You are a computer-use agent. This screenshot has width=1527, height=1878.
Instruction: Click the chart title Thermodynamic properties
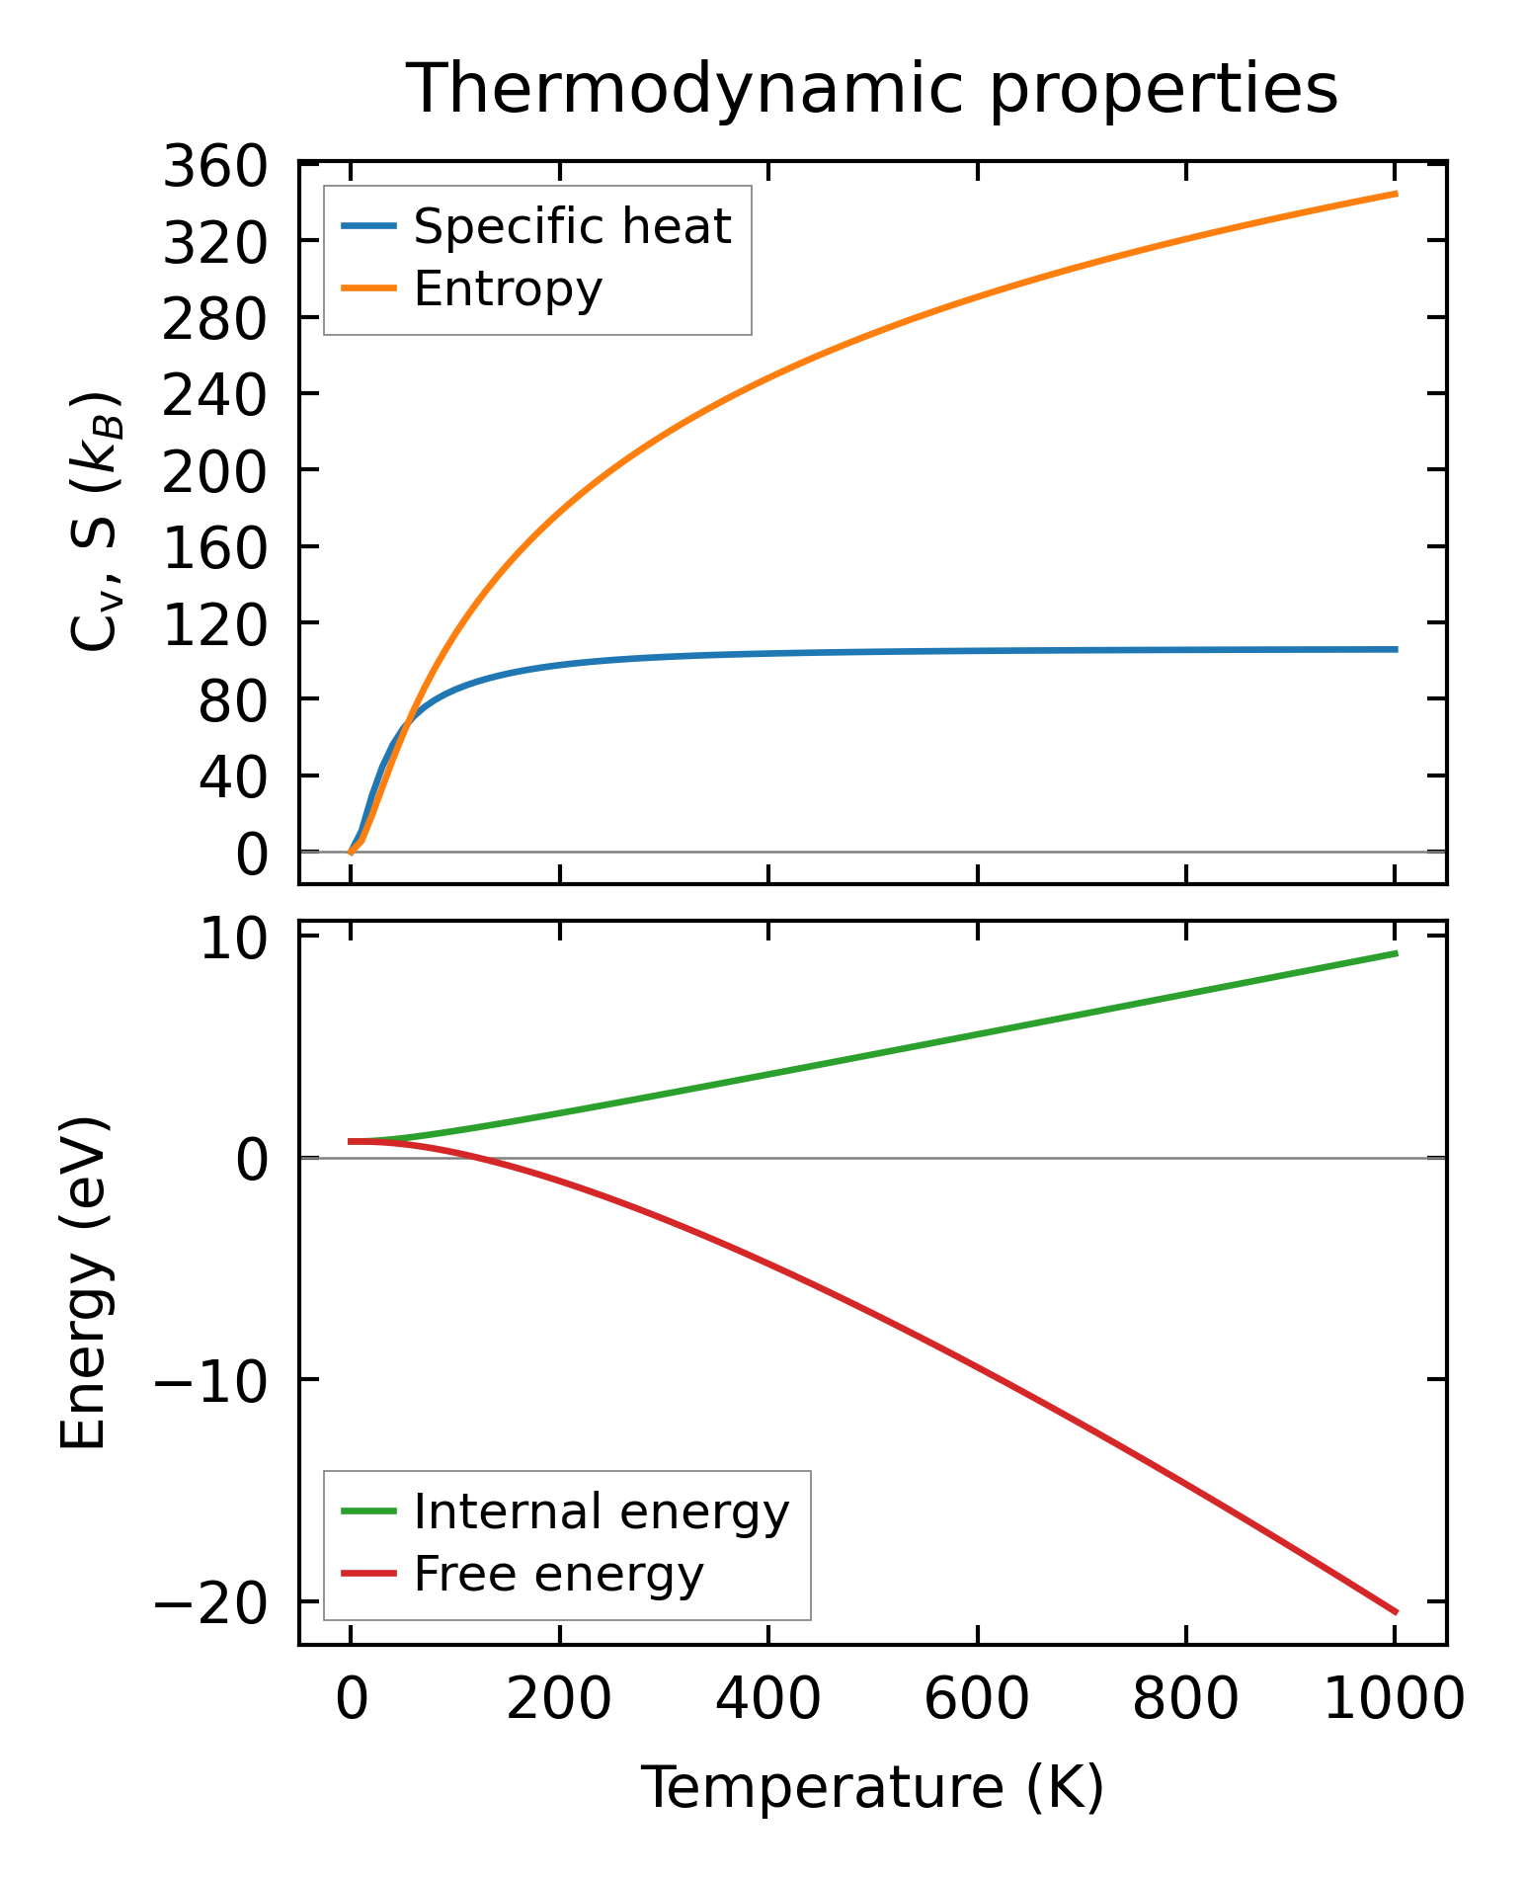pos(872,90)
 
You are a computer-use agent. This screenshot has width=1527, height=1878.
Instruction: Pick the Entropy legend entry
pos(508,289)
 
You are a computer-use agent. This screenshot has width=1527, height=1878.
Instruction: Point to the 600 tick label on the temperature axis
pos(976,1700)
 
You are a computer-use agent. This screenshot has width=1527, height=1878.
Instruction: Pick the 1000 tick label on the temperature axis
pos(1393,1700)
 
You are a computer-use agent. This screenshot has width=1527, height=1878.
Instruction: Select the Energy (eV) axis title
pos(83,1282)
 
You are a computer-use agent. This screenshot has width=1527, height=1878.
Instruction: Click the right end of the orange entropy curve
pos(1397,194)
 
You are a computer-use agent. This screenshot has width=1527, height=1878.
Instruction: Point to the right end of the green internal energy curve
pos(1397,952)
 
